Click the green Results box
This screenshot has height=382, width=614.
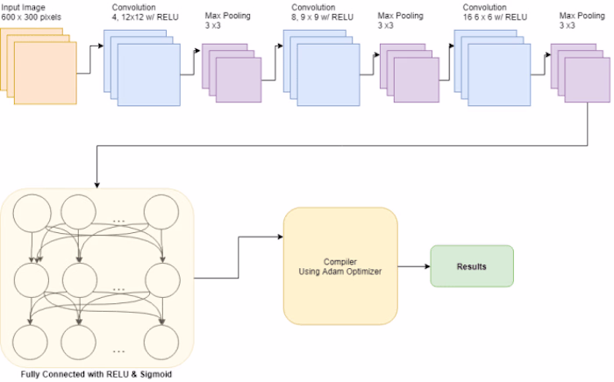pos(471,265)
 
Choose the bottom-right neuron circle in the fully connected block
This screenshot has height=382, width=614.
pos(162,339)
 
